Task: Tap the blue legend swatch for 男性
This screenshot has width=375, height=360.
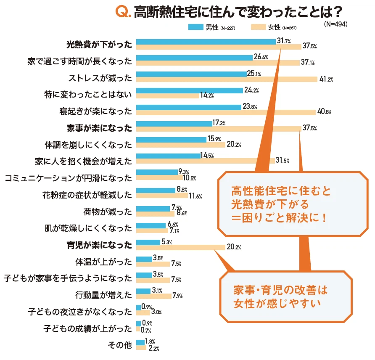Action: pyautogui.click(x=196, y=27)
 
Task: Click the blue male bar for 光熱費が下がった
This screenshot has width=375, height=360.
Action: pyautogui.click(x=206, y=41)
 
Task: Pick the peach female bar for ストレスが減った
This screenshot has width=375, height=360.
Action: pyautogui.click(x=227, y=79)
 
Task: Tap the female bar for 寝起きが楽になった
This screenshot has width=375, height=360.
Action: pyautogui.click(x=226, y=112)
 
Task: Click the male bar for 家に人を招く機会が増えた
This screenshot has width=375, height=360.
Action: pyautogui.click(x=169, y=156)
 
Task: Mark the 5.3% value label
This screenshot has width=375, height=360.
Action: pyautogui.click(x=166, y=242)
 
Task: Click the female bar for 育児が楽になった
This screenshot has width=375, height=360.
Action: pyautogui.click(x=181, y=247)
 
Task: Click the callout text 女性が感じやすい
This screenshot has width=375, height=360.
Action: pyautogui.click(x=277, y=302)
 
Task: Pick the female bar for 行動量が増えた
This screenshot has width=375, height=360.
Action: pyautogui.click(x=154, y=296)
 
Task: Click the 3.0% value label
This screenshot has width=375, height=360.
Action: pyautogui.click(x=156, y=312)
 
